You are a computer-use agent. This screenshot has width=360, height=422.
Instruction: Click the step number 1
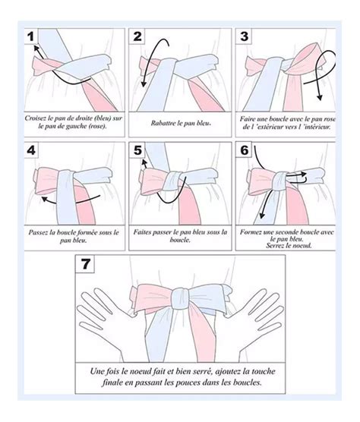click(x=31, y=36)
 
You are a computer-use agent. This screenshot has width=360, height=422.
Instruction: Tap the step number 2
click(x=137, y=36)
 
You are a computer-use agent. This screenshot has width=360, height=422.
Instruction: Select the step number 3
click(x=245, y=36)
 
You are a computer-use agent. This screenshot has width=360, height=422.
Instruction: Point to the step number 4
click(x=31, y=150)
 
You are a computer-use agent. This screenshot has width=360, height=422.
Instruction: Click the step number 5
click(x=137, y=150)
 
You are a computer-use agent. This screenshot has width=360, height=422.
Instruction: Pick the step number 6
click(x=245, y=150)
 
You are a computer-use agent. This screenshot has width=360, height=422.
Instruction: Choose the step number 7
click(x=85, y=264)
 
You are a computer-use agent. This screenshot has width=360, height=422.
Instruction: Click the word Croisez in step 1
click(x=36, y=118)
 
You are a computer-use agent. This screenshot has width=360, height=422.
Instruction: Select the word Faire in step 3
click(x=247, y=118)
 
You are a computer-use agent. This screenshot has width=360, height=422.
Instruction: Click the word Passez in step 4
click(x=37, y=232)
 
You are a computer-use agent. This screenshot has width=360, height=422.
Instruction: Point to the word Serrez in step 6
click(x=275, y=245)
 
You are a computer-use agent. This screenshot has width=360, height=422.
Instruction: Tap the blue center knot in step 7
click(x=181, y=298)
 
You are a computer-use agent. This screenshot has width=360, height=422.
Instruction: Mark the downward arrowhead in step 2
click(x=144, y=84)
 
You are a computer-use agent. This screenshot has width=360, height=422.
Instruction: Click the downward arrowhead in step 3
click(x=320, y=97)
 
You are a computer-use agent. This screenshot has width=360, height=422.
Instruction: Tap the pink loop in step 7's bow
click(x=152, y=298)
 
